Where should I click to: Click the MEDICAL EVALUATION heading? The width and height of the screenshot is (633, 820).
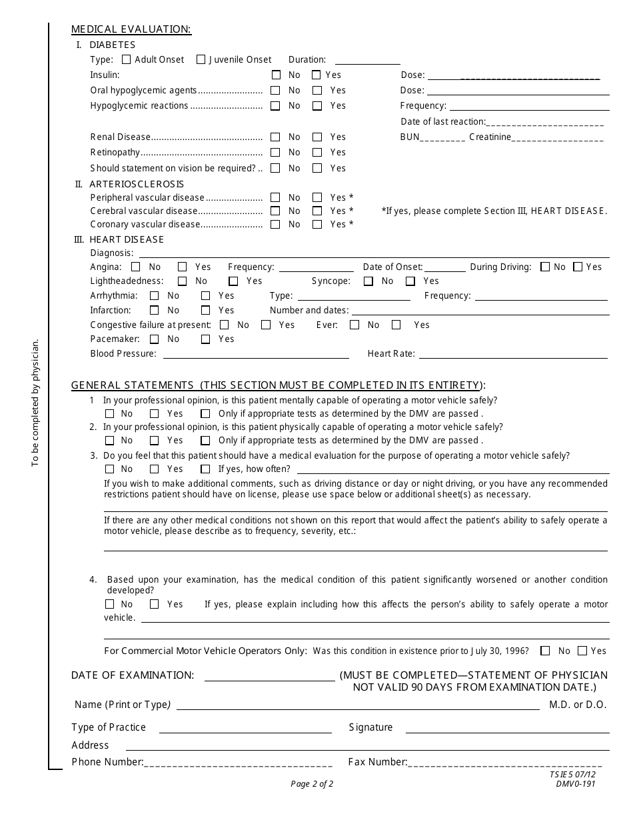coord(131,29)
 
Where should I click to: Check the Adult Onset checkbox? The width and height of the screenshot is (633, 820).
coord(127,59)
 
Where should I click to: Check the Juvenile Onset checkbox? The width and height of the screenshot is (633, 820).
coord(201,59)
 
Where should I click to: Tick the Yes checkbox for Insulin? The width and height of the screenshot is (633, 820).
coord(316,75)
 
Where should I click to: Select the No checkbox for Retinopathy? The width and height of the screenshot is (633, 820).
coord(275,153)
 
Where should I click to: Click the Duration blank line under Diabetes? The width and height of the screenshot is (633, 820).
coord(367,61)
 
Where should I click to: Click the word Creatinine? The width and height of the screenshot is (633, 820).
coord(490,137)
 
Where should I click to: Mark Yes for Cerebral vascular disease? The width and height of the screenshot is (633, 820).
coord(317,211)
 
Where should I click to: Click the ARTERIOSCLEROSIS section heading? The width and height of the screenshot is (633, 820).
coord(137,184)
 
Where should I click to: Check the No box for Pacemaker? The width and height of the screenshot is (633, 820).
coord(155,339)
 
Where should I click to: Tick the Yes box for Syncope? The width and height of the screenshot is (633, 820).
coord(410,281)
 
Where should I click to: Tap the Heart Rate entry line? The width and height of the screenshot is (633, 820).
coord(512,355)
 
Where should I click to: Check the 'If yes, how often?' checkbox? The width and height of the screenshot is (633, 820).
coord(205,469)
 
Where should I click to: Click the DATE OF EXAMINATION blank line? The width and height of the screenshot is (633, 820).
coord(269,677)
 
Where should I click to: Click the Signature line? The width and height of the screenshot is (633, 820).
coord(507,729)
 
